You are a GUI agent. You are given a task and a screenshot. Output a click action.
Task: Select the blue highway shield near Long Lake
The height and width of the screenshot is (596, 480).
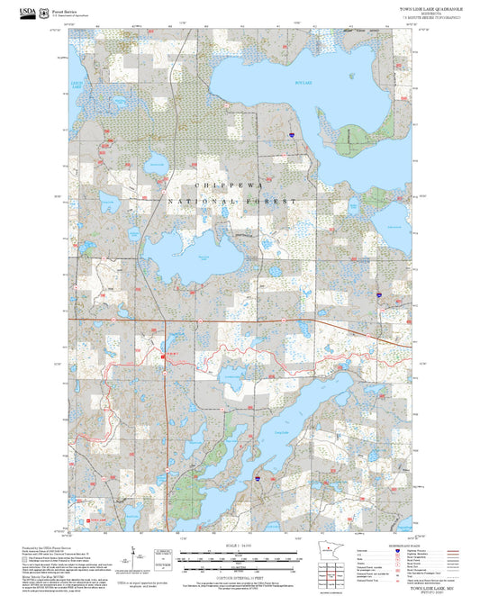(x=258, y=479)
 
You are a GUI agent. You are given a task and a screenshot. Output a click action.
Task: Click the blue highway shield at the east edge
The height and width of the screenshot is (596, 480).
(x=379, y=293)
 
